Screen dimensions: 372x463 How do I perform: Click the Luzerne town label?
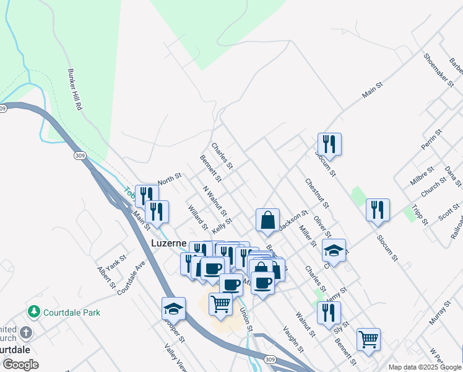(169, 244)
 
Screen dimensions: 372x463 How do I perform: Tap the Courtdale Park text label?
(72, 312)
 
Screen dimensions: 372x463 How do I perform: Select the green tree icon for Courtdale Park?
(35, 311)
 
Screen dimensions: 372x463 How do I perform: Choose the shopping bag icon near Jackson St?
(267, 220)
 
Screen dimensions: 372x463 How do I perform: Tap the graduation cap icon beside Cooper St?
(173, 308)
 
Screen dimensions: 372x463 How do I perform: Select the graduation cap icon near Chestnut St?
(334, 250)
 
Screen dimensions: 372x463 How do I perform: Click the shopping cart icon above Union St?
(221, 304)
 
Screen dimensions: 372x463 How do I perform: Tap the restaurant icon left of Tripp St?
(377, 210)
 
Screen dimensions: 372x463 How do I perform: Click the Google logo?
(20, 365)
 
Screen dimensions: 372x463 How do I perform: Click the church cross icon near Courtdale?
(26, 333)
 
